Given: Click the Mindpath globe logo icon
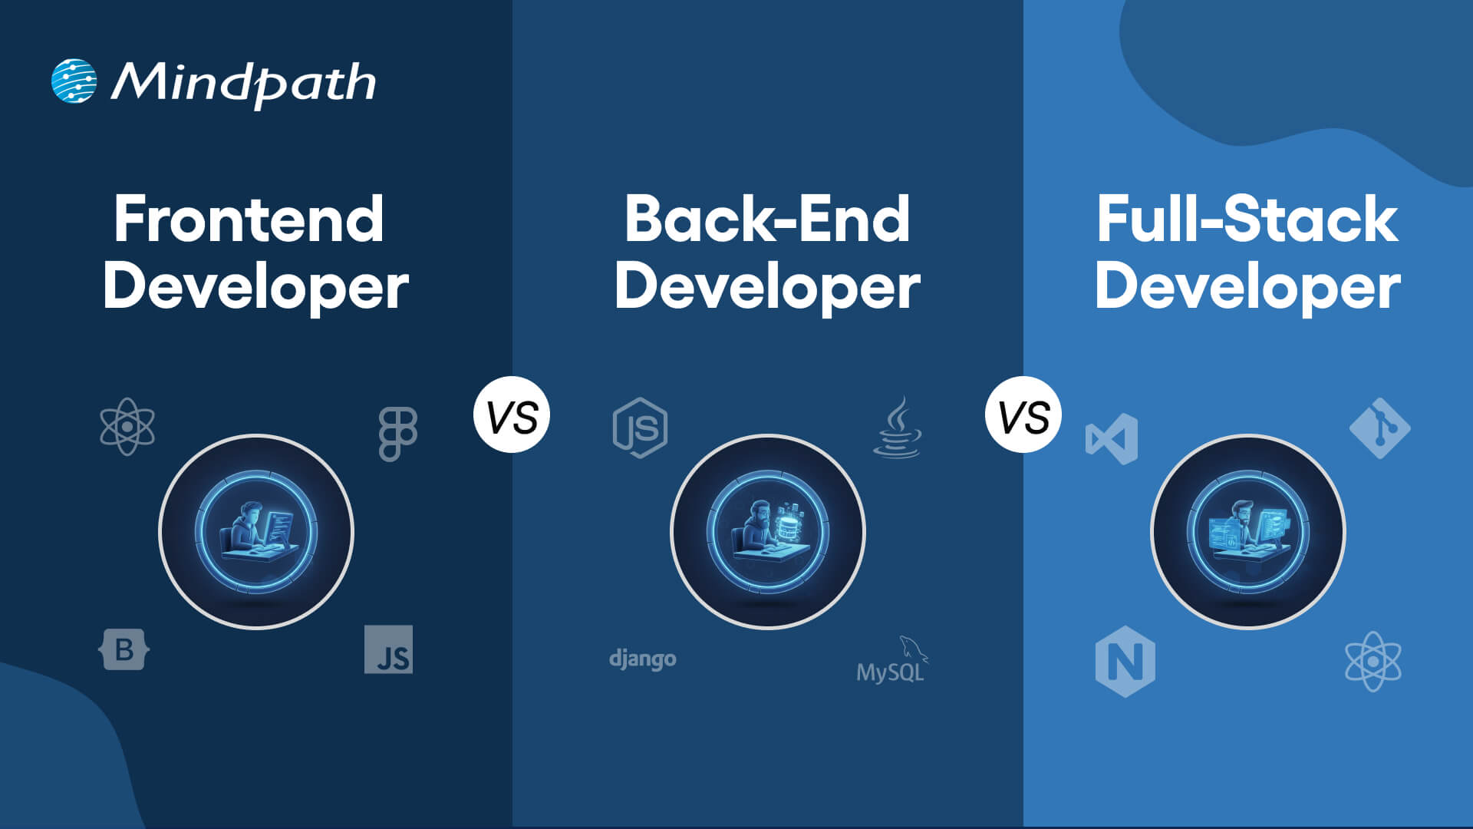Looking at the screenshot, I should click(74, 81).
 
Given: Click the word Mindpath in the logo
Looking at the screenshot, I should click(244, 83).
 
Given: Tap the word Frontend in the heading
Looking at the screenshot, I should click(249, 220).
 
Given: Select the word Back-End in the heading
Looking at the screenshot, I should click(766, 220).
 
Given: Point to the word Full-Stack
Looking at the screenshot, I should click(1247, 220).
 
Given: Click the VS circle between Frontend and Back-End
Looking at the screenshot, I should click(512, 415).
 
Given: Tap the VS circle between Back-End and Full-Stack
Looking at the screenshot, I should click(1023, 415).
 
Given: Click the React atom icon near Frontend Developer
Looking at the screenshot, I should click(127, 427).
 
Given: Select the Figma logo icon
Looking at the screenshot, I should click(397, 434).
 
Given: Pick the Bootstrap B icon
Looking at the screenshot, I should click(124, 650).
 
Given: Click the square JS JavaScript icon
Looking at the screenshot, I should click(388, 649).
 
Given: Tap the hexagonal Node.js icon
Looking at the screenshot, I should click(640, 428).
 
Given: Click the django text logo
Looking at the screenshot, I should click(642, 659).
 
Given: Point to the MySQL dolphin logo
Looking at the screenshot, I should click(892, 661).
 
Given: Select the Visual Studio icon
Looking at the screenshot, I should click(1112, 439).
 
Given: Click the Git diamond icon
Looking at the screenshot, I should click(1379, 428).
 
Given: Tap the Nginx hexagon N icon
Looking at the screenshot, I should click(1125, 661).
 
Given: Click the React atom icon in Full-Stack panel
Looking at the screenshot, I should click(1372, 661).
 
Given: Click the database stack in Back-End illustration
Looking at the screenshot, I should click(787, 525).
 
